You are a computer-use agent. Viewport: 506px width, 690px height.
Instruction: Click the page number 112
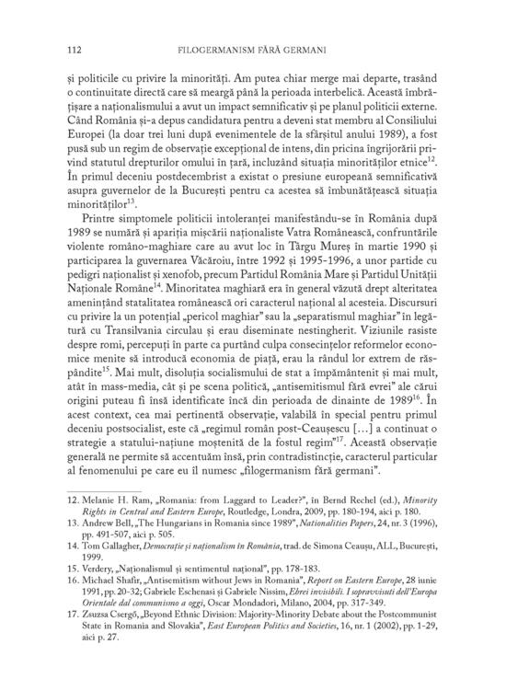65,47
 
